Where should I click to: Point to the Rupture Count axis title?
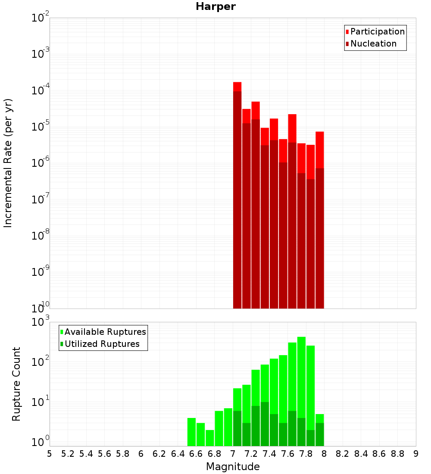click(16, 384)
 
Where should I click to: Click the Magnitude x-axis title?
click(233, 467)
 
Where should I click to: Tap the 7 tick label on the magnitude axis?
click(233, 454)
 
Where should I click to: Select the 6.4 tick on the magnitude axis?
click(178, 454)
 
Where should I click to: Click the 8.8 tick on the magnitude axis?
click(397, 454)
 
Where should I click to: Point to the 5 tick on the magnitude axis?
click(50, 454)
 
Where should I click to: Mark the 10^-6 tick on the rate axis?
click(41, 163)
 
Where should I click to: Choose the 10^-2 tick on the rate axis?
click(41, 18)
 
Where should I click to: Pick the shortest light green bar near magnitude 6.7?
click(210, 438)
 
